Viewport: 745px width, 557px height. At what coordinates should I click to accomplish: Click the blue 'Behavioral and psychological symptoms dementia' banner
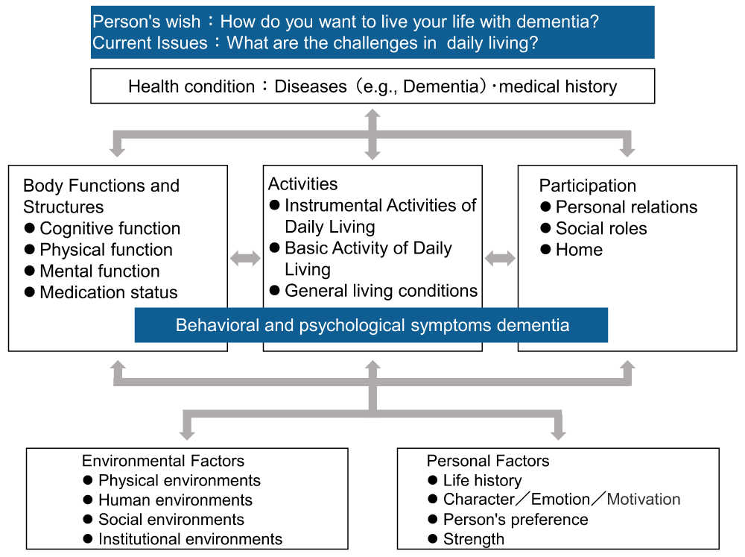pos(371,325)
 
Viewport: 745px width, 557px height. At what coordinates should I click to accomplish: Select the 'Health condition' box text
pos(372,86)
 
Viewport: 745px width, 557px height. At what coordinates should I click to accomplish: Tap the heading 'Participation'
pos(587,186)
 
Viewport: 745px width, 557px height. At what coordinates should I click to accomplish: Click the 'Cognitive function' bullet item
pos(110,228)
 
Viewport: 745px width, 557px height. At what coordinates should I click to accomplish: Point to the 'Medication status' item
pos(108,292)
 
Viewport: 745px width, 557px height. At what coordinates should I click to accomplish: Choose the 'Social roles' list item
pos(601,228)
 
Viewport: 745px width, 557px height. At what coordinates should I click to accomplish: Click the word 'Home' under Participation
pos(579,250)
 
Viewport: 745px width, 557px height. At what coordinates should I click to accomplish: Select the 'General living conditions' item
pos(381,291)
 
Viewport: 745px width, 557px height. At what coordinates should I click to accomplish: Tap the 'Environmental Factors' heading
pos(163,461)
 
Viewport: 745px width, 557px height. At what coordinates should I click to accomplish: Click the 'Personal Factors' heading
pos(488,461)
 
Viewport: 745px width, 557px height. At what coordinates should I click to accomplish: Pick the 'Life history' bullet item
pos(482,480)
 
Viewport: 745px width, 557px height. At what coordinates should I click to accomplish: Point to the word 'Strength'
pos(474,539)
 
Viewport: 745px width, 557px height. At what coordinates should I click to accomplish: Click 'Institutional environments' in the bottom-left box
pos(190,539)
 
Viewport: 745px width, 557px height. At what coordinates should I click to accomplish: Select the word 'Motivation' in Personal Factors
pos(644,499)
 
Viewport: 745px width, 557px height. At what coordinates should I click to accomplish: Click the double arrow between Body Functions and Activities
pos(245,258)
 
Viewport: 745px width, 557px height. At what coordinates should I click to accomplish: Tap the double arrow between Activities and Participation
pos(500,258)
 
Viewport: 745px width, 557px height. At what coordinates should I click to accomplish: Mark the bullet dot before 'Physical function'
pos(30,249)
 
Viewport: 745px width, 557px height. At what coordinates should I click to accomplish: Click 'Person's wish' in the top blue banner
pos(146,22)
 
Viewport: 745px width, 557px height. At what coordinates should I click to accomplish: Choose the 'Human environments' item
pos(175,500)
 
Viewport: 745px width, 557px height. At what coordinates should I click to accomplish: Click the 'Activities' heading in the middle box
pos(302,184)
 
